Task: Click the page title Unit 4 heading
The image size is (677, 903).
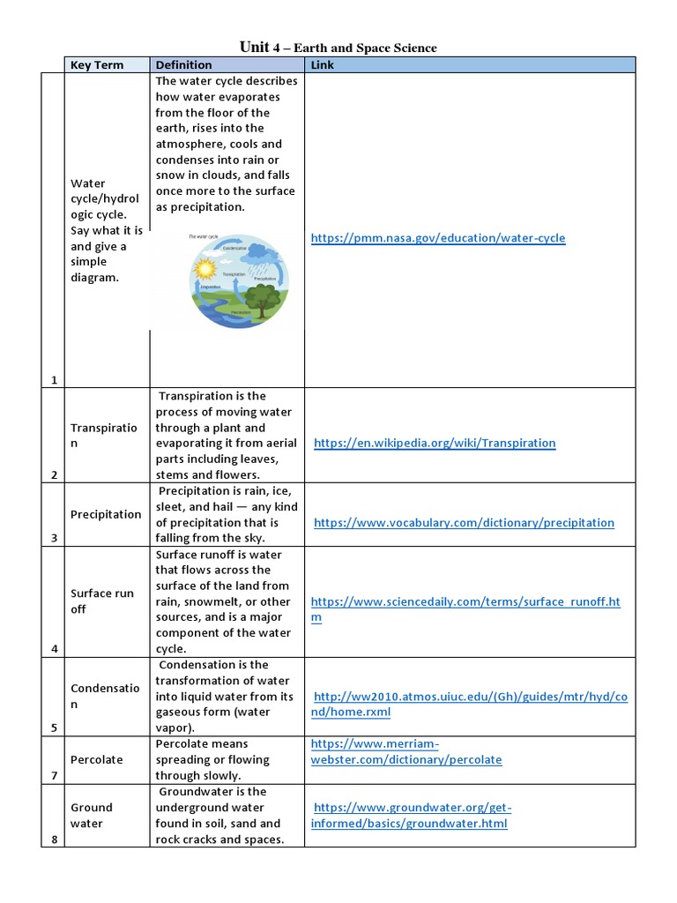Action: pyautogui.click(x=338, y=48)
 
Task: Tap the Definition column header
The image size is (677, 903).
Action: pyautogui.click(x=183, y=65)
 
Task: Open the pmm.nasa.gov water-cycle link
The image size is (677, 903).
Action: pyautogui.click(x=438, y=238)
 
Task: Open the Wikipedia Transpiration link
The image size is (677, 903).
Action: pyautogui.click(x=435, y=443)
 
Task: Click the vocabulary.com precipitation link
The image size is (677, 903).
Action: pyautogui.click(x=464, y=522)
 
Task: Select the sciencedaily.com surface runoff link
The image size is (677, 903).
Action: pyautogui.click(x=465, y=602)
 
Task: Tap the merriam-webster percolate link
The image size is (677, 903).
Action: pyautogui.click(x=406, y=751)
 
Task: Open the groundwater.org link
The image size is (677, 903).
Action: pyautogui.click(x=411, y=815)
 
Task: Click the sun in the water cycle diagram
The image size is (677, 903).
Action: pyautogui.click(x=205, y=269)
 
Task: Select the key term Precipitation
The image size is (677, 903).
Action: pyautogui.click(x=106, y=514)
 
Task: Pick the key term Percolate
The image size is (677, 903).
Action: pyautogui.click(x=97, y=759)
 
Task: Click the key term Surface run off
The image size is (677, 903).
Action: pyautogui.click(x=102, y=601)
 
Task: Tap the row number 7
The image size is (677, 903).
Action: pyautogui.click(x=54, y=776)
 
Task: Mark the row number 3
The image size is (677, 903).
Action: pyautogui.click(x=54, y=538)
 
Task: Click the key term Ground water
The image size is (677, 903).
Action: pyautogui.click(x=92, y=815)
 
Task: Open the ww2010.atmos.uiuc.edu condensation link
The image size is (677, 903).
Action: pyautogui.click(x=467, y=704)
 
